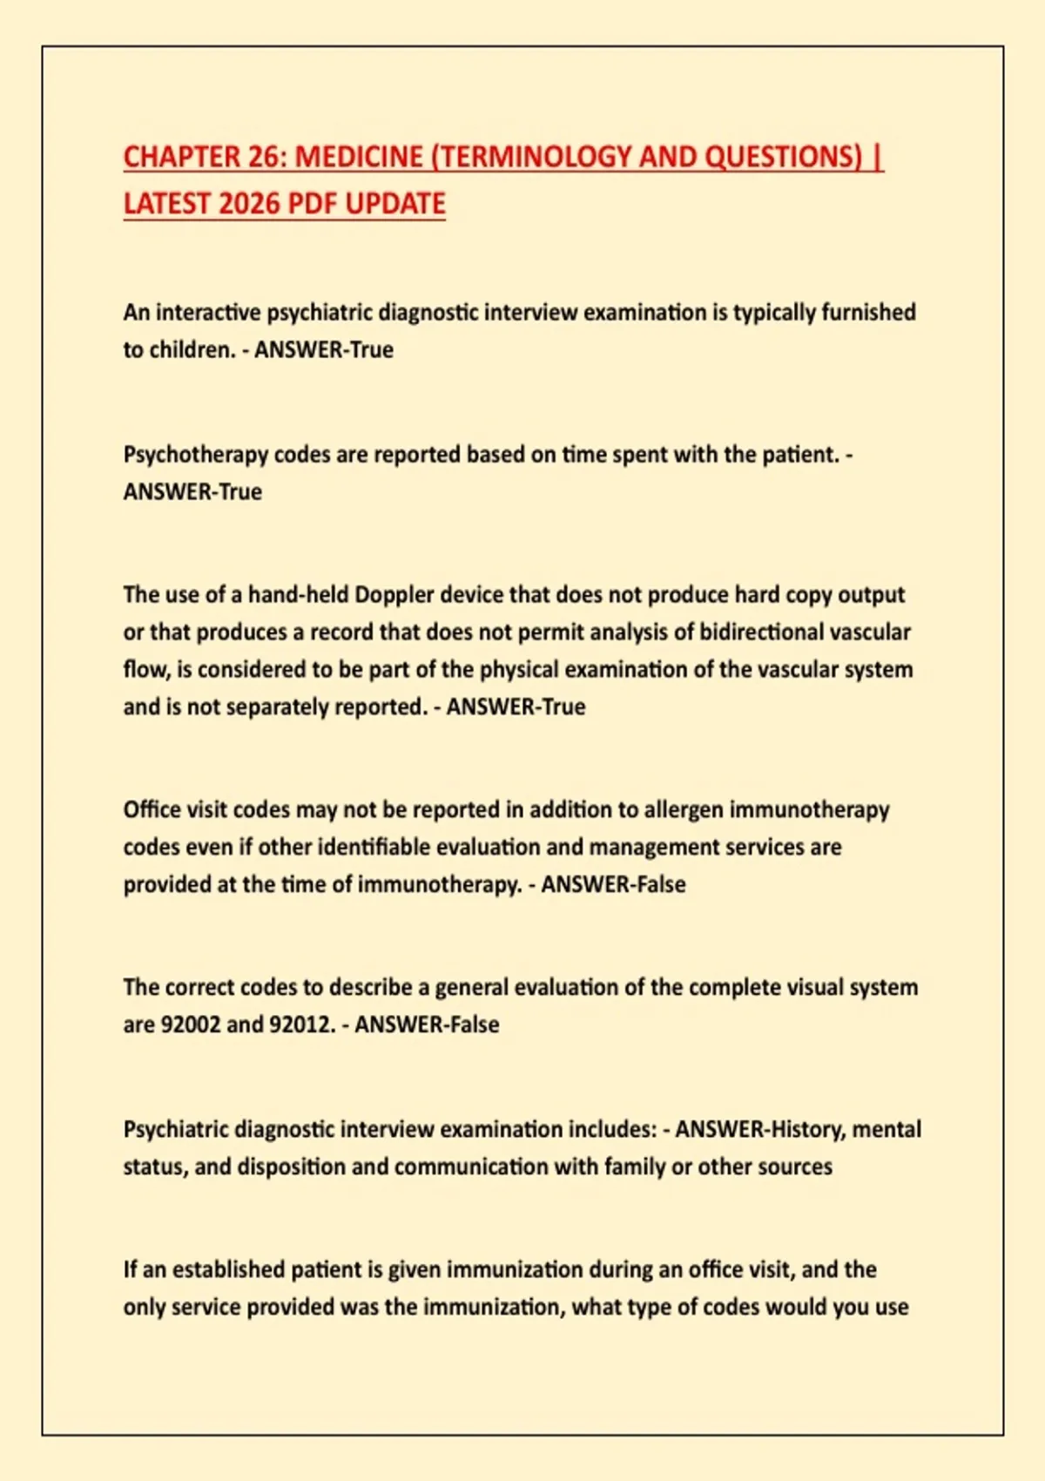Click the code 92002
point(191,1025)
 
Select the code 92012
point(301,1025)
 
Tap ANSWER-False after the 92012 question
point(427,1025)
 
